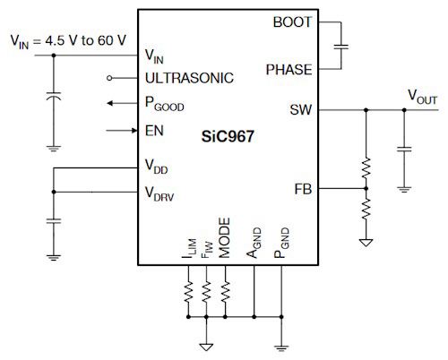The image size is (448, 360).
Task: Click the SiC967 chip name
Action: pos(228,136)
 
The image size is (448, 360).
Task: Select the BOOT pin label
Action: pos(292,22)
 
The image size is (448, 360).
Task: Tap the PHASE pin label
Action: pos(289,70)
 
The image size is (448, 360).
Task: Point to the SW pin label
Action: pos(300,110)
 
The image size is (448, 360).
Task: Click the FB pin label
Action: pos(303,189)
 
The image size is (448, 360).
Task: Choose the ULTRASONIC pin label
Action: pos(189,78)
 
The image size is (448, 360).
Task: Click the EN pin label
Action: pos(154,131)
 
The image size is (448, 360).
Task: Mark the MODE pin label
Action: pos(224,238)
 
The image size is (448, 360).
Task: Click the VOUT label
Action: pos(422,97)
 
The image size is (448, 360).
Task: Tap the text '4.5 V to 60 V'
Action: pos(86,40)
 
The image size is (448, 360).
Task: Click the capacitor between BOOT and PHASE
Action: pos(341,47)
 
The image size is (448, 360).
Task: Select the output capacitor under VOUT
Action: pos(404,149)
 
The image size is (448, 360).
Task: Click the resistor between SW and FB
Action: pos(366,168)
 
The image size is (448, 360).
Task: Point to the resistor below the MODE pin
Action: pos(225,291)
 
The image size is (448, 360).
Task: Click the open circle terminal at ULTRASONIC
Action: pos(109,78)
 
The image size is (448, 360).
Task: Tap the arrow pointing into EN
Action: pos(122,131)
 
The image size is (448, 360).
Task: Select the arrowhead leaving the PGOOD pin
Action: pos(110,103)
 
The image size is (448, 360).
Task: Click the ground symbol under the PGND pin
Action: pos(281,347)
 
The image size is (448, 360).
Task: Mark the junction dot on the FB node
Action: pos(366,189)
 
